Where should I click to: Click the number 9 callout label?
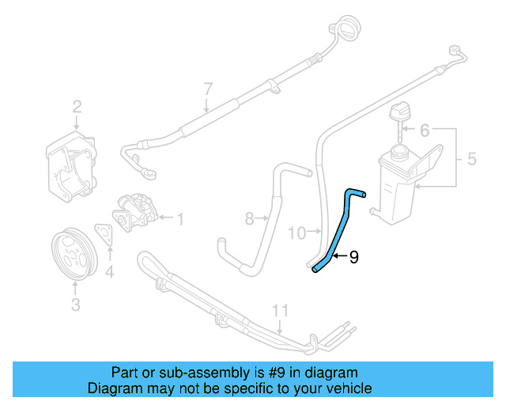(353, 256)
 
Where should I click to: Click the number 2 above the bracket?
(77, 107)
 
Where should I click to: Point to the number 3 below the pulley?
(76, 303)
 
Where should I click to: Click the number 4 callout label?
(110, 274)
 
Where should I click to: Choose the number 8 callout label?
(248, 218)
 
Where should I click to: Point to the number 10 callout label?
(296, 233)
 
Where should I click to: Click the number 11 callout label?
(278, 310)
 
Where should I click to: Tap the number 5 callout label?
(472, 160)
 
